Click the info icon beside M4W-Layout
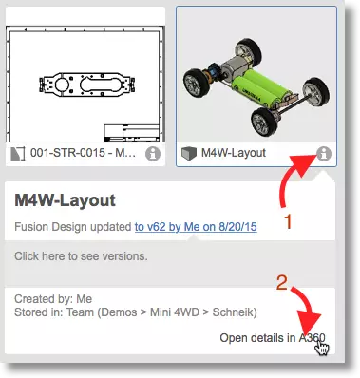pos(323,154)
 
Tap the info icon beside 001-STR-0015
pos(153,154)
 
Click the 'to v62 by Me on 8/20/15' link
pos(196,227)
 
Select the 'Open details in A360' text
pos(273,338)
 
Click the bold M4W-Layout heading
pos(65,200)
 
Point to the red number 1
pos(288,221)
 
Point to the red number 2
pos(281,283)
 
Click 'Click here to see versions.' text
pos(81,255)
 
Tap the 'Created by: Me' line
pos(53,299)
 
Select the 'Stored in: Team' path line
pos(136,312)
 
